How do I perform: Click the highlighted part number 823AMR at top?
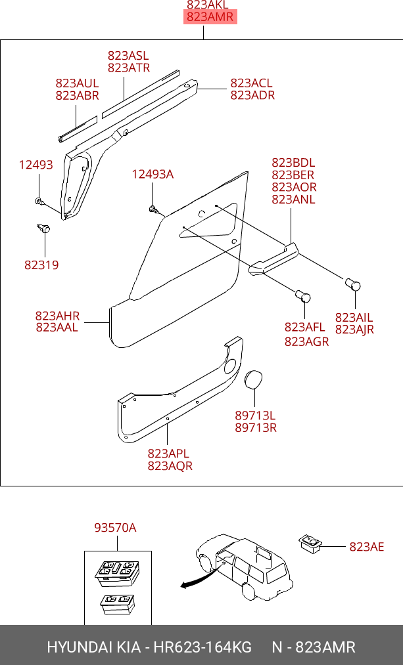(x=210, y=17)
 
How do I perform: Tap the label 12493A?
(x=153, y=174)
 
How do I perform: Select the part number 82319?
(x=41, y=265)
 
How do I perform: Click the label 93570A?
(x=115, y=528)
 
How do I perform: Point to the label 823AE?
(x=366, y=547)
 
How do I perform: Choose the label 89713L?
(x=255, y=415)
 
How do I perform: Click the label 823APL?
(x=168, y=454)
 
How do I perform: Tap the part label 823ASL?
(x=128, y=56)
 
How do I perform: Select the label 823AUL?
(x=77, y=83)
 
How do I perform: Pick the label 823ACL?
(x=251, y=83)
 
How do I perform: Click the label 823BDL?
(x=293, y=162)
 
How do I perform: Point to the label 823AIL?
(x=354, y=317)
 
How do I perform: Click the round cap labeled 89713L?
(x=253, y=379)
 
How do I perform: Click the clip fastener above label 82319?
(x=43, y=228)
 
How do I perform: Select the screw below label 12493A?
(x=153, y=209)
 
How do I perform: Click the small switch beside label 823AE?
(x=310, y=543)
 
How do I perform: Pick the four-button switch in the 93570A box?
(x=117, y=573)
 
